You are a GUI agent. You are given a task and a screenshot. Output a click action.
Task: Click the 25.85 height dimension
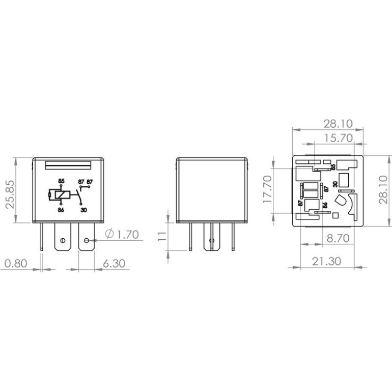coord(11,194)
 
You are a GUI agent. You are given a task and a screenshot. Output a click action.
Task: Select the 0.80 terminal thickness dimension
coord(16,264)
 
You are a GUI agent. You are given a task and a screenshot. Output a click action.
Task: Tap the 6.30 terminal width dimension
coord(114,264)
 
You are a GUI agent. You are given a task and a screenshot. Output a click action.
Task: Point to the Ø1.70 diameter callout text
coord(122,235)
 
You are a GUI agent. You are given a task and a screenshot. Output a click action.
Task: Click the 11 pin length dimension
coord(162,236)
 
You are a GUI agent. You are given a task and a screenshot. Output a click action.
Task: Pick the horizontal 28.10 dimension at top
coord(338,124)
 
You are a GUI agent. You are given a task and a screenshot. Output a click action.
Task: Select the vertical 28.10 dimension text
coord(383,190)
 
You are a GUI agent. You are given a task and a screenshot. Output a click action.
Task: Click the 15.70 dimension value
coord(338,138)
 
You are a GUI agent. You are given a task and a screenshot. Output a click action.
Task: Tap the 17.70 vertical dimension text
coord(267,189)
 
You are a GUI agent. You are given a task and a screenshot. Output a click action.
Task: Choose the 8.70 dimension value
coord(338,238)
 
